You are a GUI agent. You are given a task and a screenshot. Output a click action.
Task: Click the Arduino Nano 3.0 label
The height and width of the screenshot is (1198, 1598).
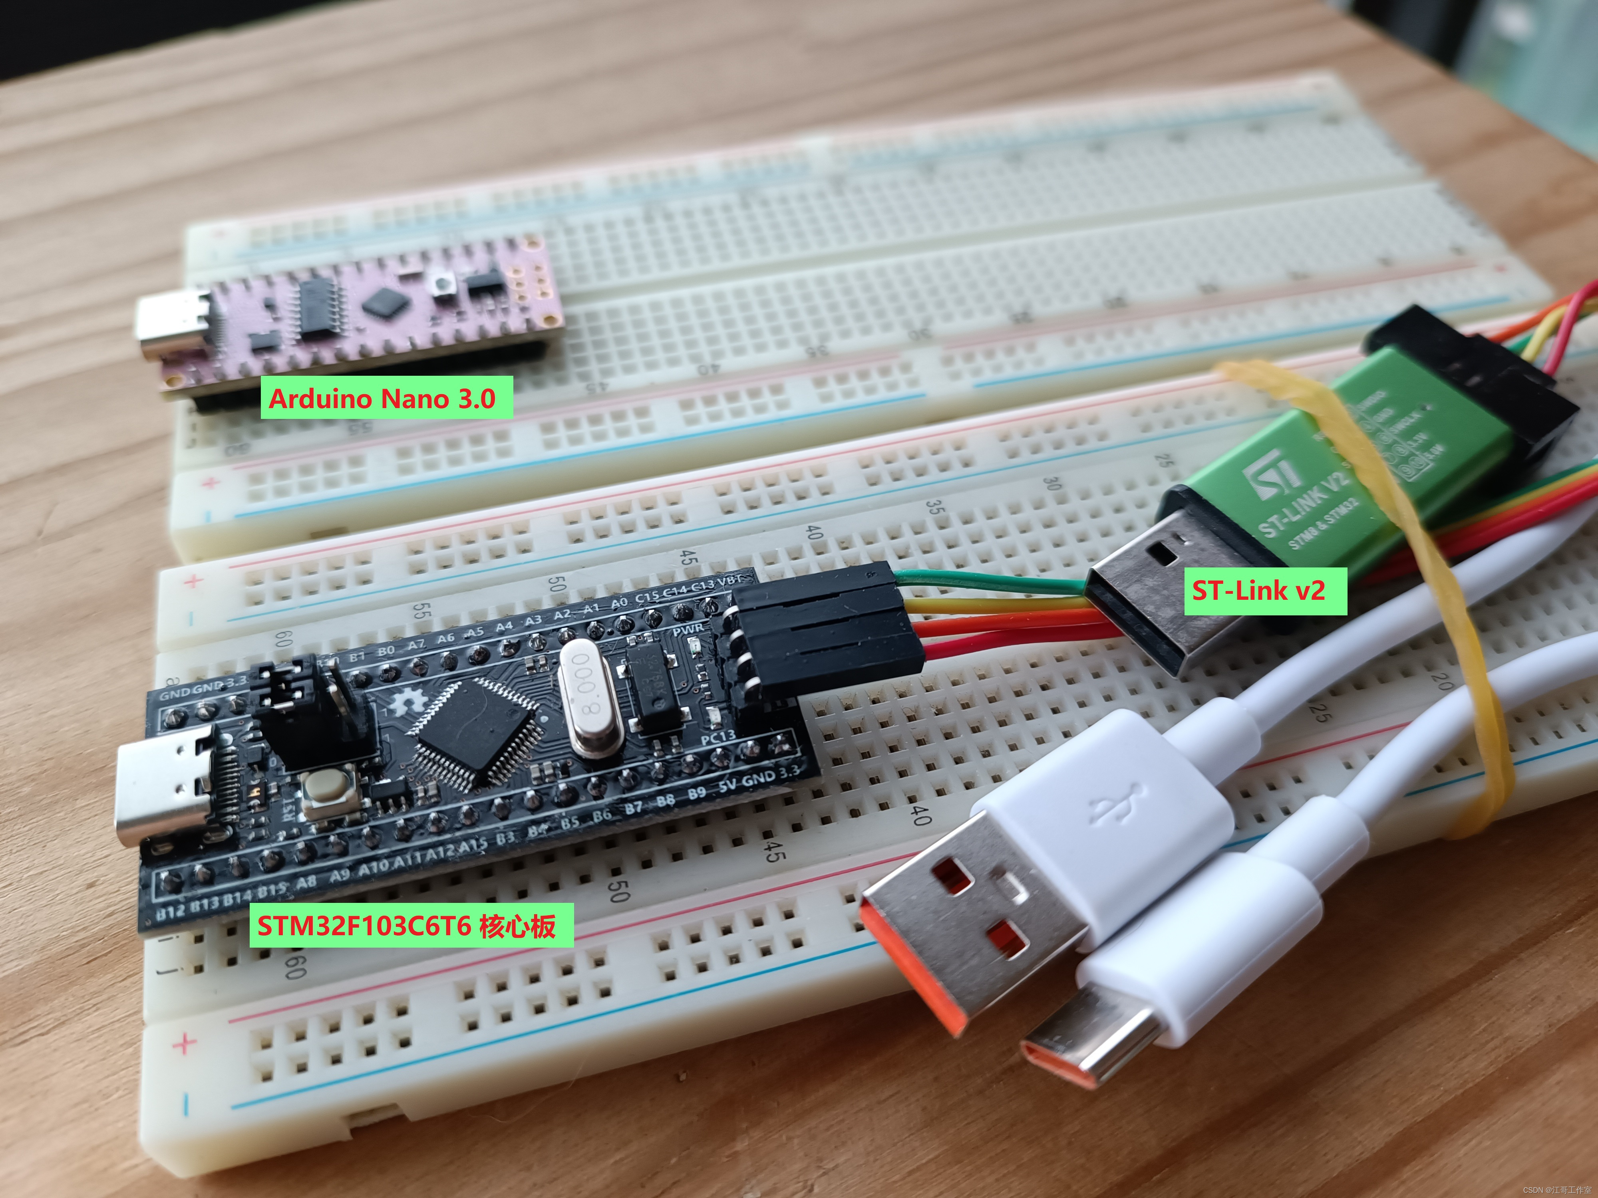(x=386, y=398)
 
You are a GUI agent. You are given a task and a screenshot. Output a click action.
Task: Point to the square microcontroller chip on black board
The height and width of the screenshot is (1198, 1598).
(x=476, y=732)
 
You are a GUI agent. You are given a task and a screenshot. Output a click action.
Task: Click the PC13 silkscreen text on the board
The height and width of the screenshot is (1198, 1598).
(x=718, y=737)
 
